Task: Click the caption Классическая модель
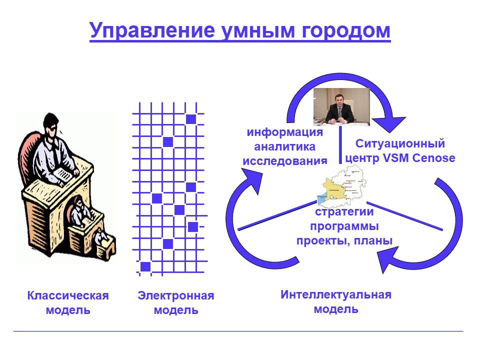[x=68, y=302]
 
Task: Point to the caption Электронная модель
[x=176, y=303]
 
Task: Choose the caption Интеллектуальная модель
[x=336, y=301]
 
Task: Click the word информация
[x=285, y=132]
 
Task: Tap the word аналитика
[x=285, y=146]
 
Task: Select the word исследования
[x=285, y=160]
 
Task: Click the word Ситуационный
[x=400, y=144]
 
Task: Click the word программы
[x=344, y=226]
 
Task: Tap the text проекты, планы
[x=344, y=240]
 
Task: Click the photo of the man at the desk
[x=341, y=106]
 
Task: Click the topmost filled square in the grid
[x=190, y=119]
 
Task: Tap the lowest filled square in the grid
[x=145, y=266]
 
